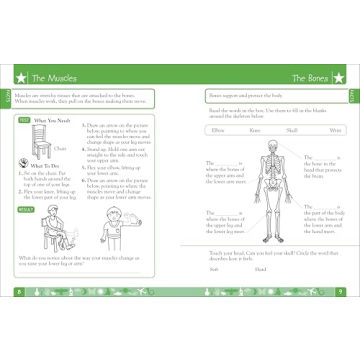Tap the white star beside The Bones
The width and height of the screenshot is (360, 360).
coord(342,77)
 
